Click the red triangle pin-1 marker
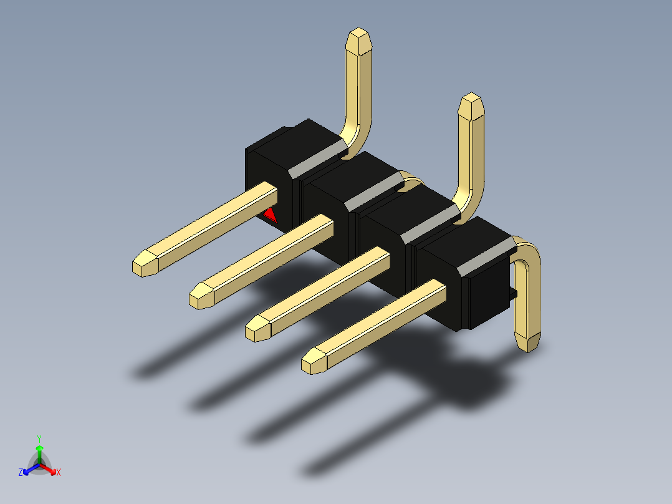(271, 215)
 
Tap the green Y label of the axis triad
(39, 439)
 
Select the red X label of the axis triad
(59, 472)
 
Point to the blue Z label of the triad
(21, 472)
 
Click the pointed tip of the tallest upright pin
(358, 29)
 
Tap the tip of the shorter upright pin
(471, 94)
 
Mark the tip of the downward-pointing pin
(527, 349)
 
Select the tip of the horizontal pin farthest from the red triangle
(304, 365)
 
